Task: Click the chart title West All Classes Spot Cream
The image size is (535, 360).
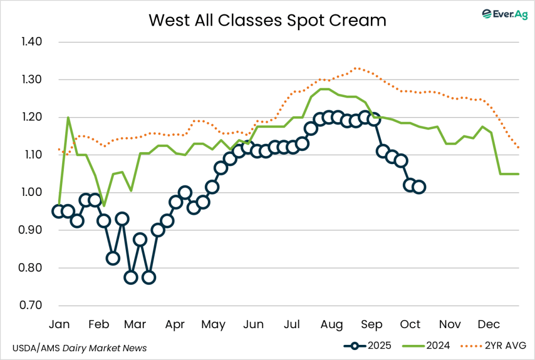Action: [x=267, y=20]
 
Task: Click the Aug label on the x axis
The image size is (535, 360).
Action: [x=331, y=324]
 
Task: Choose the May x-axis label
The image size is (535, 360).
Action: [x=213, y=324]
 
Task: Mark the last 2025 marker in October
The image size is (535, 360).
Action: [x=418, y=187]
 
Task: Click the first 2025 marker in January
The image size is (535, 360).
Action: [x=59, y=211]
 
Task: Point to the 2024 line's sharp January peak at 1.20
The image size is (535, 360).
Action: [x=68, y=118]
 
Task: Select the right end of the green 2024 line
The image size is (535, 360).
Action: [x=519, y=173]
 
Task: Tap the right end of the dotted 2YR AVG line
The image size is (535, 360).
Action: [x=519, y=148]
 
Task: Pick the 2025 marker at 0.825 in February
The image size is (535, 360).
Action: [x=113, y=258]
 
